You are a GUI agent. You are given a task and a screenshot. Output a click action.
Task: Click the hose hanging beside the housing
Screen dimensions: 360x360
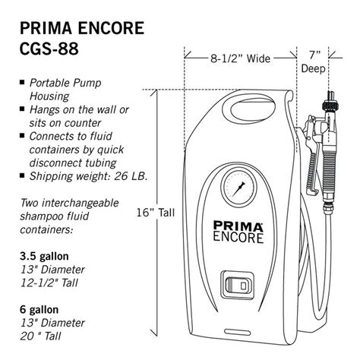[314, 251]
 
